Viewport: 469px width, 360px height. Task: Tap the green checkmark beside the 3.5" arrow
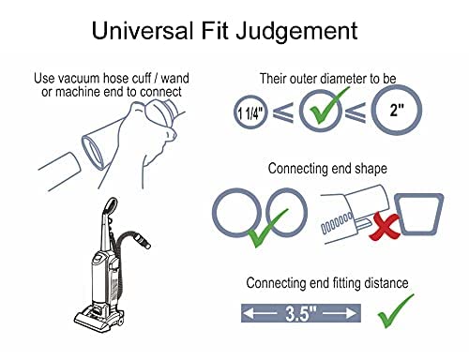coord(395,309)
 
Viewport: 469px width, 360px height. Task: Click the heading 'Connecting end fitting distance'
coord(321,283)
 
